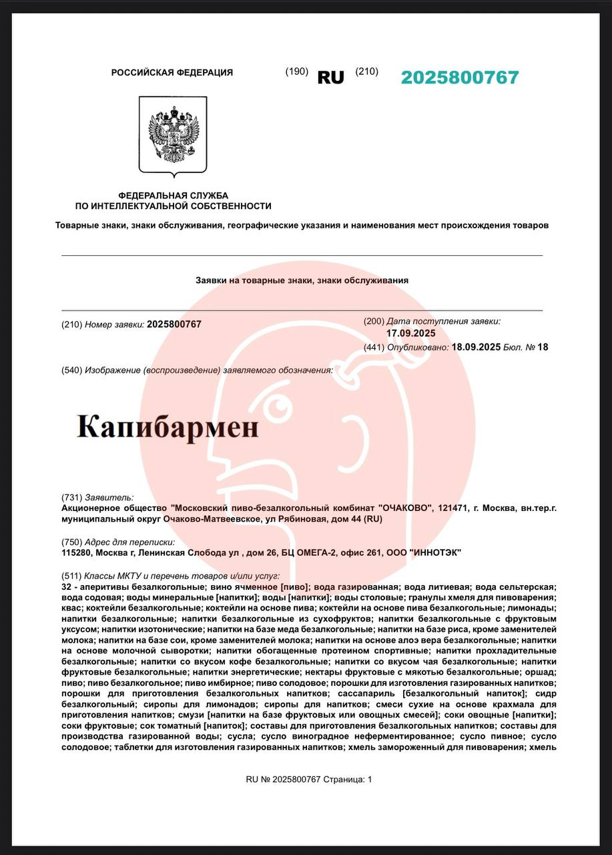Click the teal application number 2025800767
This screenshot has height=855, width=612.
coord(459,77)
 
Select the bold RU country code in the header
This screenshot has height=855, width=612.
coord(330,77)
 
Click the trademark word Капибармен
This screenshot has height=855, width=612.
coord(168,426)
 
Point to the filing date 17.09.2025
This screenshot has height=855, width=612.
coord(410,333)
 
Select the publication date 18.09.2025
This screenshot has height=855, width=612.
coord(476,347)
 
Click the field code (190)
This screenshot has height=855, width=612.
coord(296,71)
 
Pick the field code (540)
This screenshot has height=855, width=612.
coord(71,370)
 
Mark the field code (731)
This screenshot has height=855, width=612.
coord(71,497)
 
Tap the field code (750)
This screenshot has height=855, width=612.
coord(71,542)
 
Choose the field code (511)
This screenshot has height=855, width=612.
coord(71,575)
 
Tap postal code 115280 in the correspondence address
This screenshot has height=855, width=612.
coord(76,552)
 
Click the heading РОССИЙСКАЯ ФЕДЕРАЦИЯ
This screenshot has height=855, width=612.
coord(172,73)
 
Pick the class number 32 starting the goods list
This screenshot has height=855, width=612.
coord(65,586)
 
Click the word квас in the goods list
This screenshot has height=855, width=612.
coord(71,608)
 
